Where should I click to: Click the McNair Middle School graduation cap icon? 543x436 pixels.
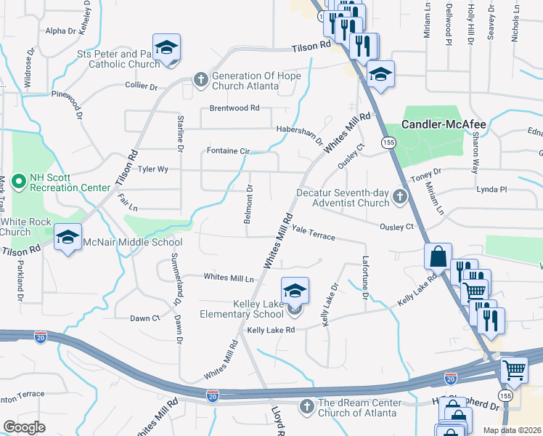click(x=68, y=238)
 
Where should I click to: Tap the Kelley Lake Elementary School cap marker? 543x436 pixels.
click(x=295, y=291)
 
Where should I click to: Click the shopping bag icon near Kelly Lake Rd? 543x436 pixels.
click(x=438, y=257)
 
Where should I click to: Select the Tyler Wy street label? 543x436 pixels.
click(x=153, y=169)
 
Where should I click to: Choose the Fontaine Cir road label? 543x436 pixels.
click(x=228, y=151)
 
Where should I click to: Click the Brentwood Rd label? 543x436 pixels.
click(x=234, y=108)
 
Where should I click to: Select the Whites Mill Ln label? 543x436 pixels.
click(x=229, y=278)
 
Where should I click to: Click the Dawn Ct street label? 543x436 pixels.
click(x=144, y=318)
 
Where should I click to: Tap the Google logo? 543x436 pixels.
click(x=25, y=427)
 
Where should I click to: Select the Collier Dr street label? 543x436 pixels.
click(x=142, y=86)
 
